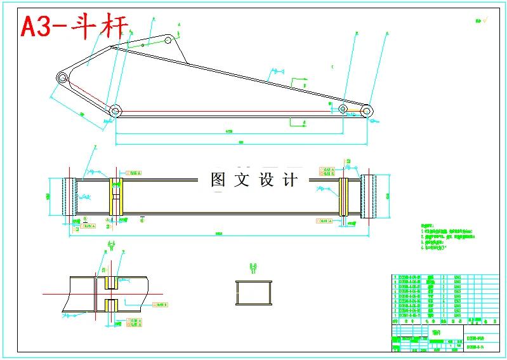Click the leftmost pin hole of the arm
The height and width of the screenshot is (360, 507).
(62, 77)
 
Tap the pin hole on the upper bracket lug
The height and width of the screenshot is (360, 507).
(168, 39)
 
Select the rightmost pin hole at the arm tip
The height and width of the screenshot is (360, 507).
(366, 110)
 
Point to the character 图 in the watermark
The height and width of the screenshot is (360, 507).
(218, 180)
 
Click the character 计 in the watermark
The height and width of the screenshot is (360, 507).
(290, 180)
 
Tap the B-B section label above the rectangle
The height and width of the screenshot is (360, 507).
(253, 267)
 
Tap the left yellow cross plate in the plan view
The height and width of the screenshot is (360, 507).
(115, 196)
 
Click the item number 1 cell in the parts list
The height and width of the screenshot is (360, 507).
(395, 314)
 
